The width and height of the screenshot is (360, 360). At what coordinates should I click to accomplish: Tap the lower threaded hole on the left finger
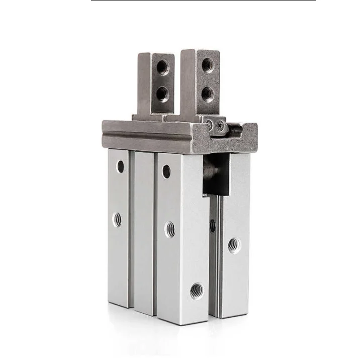pos(162,93)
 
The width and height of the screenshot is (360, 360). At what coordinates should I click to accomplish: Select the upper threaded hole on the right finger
pos(208,65)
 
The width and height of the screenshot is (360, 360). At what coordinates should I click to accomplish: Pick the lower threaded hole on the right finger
pos(207,94)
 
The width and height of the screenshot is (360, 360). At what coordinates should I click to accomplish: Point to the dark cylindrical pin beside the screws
pos(235,130)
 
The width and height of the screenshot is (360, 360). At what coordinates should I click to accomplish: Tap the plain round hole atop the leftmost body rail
pos(120,166)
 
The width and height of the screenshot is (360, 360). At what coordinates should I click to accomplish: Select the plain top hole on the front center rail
pos(166,171)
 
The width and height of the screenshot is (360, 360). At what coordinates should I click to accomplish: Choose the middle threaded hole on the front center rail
pos(171,230)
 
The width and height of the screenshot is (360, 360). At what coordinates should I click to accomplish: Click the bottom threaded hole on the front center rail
pos(197,290)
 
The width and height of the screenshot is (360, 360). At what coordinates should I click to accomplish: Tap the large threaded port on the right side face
pos(234,245)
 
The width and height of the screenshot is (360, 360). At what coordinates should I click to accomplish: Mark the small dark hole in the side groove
pos(213,226)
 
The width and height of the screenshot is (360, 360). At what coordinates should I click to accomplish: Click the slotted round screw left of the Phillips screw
pos(209,123)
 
